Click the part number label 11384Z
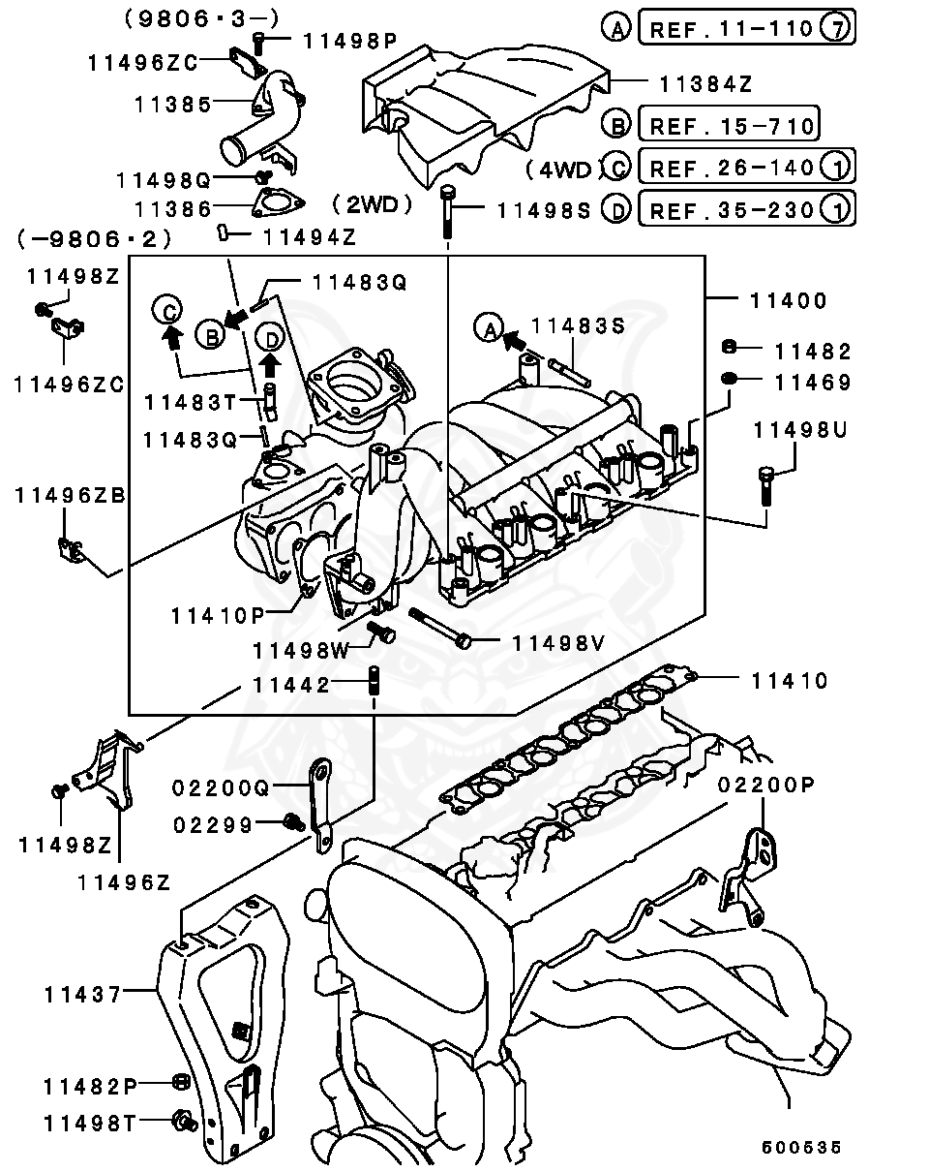pyautogui.click(x=705, y=83)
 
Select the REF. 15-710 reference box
pyautogui.click(x=728, y=125)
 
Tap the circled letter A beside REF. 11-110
pyautogui.click(x=614, y=29)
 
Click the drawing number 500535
pyautogui.click(x=801, y=1148)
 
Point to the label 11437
pyautogui.click(x=83, y=994)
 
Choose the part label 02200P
pyautogui.click(x=765, y=785)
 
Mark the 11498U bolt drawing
pyautogui.click(x=767, y=484)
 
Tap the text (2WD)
pyautogui.click(x=373, y=204)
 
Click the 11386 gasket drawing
pyautogui.click(x=279, y=206)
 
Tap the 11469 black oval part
pyautogui.click(x=732, y=376)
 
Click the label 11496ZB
pyautogui.click(x=71, y=496)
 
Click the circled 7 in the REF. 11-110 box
pyautogui.click(x=836, y=29)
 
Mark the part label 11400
pyautogui.click(x=788, y=301)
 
